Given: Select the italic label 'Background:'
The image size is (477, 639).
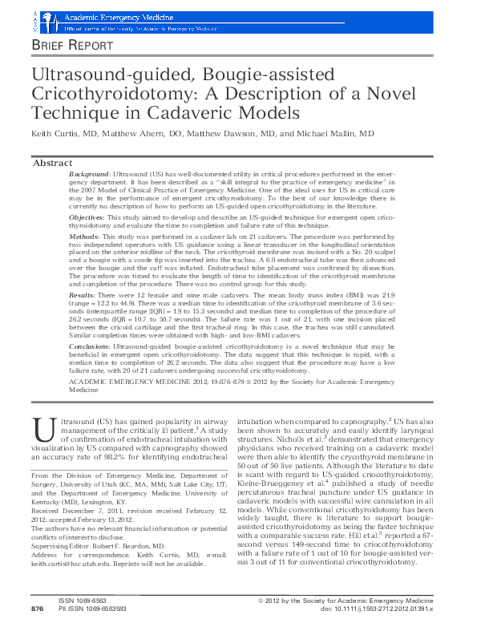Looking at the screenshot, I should (90, 174).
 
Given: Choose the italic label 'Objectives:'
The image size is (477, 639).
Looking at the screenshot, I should (88, 217).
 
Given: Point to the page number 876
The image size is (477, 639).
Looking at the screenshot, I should (37, 632).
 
